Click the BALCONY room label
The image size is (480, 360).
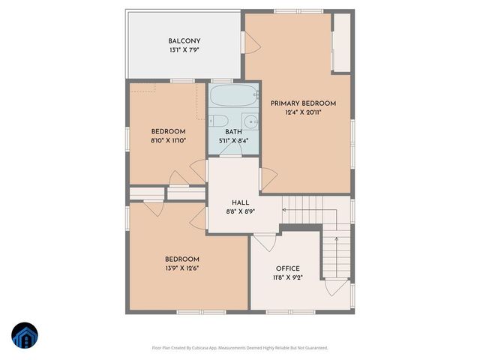point(184,40)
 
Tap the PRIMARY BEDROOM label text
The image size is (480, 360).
point(303,103)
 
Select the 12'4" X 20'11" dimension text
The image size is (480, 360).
point(303,113)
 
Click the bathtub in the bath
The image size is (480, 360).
point(232,97)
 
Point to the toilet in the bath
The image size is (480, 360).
point(220,121)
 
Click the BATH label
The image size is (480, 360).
point(233,131)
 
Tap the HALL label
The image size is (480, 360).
point(240,202)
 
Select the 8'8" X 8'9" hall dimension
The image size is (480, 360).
point(240,212)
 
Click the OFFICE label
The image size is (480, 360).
point(287,268)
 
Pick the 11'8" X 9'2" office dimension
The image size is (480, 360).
point(287,278)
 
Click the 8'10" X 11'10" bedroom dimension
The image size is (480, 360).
point(168,140)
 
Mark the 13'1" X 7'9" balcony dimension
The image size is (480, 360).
point(184,50)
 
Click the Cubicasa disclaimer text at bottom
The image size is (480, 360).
point(240,348)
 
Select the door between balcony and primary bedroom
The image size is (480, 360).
point(250,43)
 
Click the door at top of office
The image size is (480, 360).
point(264,241)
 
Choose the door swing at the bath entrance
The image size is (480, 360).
point(233,150)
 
